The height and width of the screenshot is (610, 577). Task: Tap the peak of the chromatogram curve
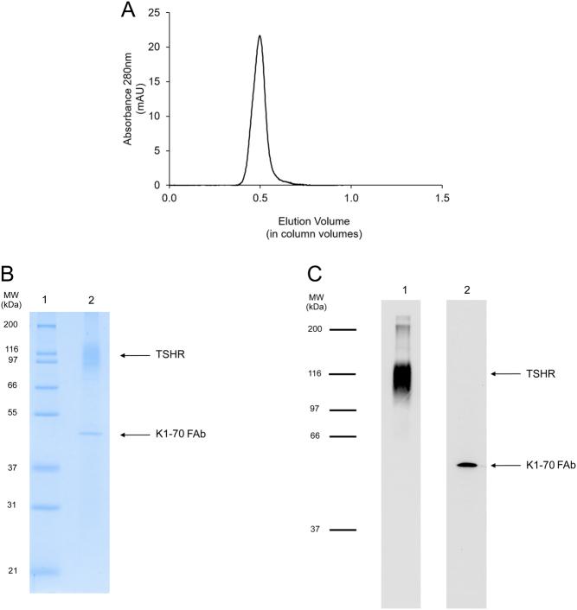260,36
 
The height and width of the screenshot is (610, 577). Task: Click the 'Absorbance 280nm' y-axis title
128,98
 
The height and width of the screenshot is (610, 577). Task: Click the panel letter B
10,276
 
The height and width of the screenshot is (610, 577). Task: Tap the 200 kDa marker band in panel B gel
47,327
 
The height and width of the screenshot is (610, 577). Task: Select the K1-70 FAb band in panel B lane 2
90,434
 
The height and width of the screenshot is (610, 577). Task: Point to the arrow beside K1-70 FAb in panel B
137,434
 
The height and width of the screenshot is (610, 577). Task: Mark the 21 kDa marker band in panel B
47,571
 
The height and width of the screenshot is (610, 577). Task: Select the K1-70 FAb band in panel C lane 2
467,465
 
